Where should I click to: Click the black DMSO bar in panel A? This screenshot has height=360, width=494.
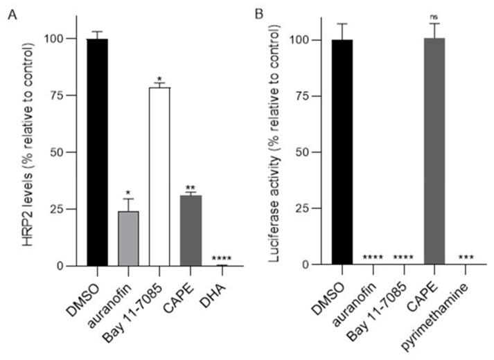(x=97, y=152)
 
